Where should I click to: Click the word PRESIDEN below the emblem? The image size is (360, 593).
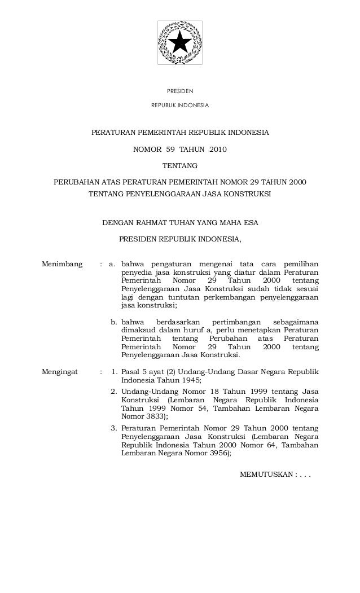click(x=180, y=91)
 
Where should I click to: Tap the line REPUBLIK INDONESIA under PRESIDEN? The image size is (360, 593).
click(x=180, y=106)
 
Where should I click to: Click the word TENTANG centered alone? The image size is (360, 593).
click(x=180, y=166)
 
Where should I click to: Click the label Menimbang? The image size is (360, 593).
click(x=63, y=263)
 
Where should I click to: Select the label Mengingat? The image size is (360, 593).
click(x=60, y=372)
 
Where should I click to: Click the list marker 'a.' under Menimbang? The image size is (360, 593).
click(x=113, y=263)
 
